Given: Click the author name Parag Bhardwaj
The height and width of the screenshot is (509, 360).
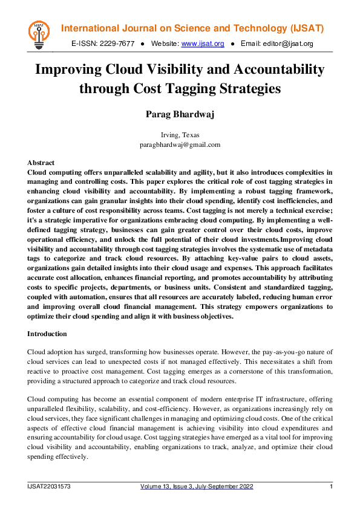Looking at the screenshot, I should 180,115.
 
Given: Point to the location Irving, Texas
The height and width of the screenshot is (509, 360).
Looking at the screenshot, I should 180,135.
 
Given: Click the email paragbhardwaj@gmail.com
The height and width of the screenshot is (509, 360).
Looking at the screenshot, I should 180,144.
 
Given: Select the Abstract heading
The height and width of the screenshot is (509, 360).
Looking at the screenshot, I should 41,163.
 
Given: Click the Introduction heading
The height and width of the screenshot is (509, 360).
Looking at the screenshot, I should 47,334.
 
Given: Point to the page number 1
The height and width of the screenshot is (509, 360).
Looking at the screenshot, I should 331,487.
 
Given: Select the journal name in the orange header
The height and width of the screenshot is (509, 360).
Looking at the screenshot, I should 193,28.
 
